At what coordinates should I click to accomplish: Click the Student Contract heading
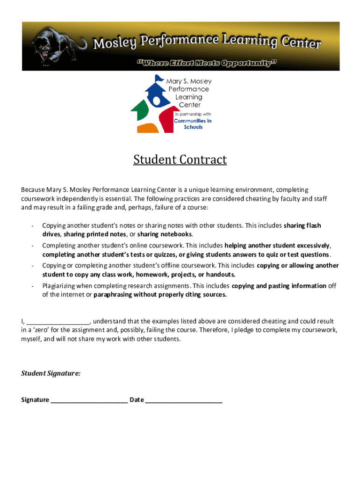coord(180,160)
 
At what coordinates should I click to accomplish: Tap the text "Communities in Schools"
coord(193,123)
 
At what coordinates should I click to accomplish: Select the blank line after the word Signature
coord(89,400)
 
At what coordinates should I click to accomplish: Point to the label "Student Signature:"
coord(50,373)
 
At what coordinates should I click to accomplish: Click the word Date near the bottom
coord(137,400)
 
